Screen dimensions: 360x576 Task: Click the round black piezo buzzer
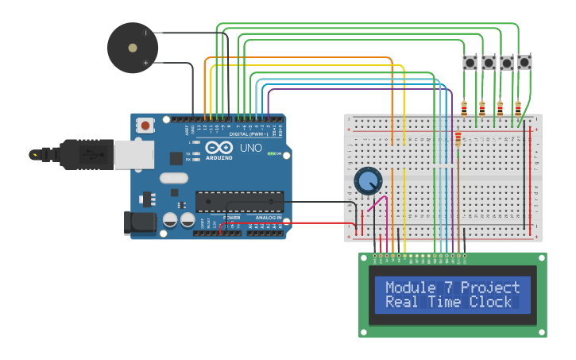coord(133,48)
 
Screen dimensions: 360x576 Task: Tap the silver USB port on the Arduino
coord(133,155)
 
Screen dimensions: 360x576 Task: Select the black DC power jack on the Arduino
coord(141,223)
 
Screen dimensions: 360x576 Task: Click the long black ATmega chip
coord(239,201)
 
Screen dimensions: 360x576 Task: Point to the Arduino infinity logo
coord(218,148)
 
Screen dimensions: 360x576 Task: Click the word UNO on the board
coord(251,148)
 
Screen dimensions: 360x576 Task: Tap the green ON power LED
coord(271,153)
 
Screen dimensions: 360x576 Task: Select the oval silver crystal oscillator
coord(174,179)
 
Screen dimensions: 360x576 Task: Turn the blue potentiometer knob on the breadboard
coord(367,181)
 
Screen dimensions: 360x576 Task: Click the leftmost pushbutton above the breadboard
coord(470,62)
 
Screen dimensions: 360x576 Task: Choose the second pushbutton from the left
coord(489,62)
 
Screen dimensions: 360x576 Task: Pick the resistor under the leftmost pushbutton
coord(464,108)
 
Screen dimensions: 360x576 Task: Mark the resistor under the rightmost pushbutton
coord(518,108)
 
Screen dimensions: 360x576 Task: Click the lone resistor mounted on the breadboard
coord(458,141)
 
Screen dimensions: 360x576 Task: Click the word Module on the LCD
coord(411,288)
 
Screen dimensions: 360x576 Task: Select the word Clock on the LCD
coord(490,302)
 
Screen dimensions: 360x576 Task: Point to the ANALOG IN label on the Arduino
coord(268,217)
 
